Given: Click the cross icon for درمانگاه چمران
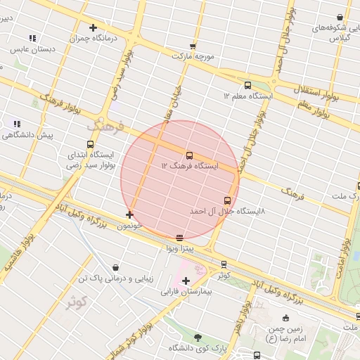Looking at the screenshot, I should (93, 28).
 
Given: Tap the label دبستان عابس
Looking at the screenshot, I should (32, 50).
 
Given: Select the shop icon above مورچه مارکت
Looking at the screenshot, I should (193, 46).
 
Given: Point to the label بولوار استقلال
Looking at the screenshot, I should (315, 90).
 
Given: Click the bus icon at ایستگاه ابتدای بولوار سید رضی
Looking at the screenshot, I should (89, 144).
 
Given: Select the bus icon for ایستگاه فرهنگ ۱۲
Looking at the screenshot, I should (189, 155).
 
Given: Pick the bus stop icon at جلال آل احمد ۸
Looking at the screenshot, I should (227, 200).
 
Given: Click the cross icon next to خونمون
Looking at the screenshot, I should (129, 214).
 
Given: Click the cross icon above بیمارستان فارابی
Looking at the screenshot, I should (186, 281).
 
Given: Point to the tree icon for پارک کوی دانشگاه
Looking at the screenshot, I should (198, 337).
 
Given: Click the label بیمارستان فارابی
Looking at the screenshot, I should (186, 291).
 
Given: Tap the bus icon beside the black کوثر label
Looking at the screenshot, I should (224, 264).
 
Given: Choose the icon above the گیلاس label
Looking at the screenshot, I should (340, 17).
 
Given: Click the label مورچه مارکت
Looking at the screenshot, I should (193, 56).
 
